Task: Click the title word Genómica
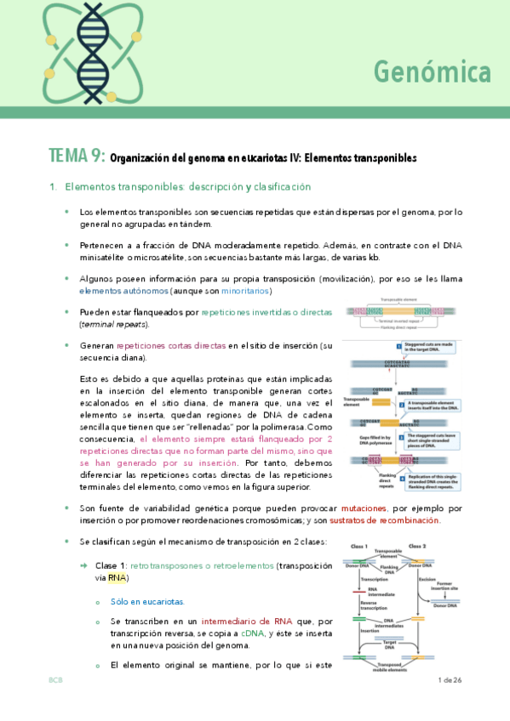point(432,73)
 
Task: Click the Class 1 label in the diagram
point(358,545)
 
